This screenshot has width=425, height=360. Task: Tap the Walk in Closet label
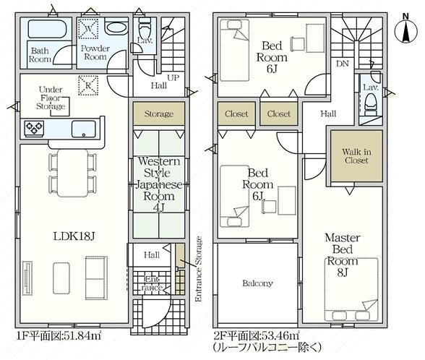(x=356, y=156)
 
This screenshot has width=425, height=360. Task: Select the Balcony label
(x=257, y=283)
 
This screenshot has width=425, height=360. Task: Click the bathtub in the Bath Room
(x=47, y=29)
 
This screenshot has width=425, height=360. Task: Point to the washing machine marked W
(x=88, y=28)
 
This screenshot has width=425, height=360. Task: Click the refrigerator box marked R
(x=88, y=85)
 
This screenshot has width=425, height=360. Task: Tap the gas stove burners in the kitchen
(x=34, y=128)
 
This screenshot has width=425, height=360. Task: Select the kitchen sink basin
(x=84, y=129)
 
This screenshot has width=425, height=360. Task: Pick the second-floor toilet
(x=370, y=103)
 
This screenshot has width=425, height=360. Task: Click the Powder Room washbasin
(x=116, y=27)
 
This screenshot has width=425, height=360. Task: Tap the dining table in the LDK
(x=72, y=173)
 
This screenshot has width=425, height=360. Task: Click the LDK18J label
(x=74, y=236)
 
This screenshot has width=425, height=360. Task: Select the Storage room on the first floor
(x=159, y=113)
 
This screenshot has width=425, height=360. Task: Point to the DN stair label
(x=343, y=64)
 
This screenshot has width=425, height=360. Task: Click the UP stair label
(x=173, y=78)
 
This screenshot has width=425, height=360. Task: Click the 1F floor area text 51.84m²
(x=59, y=336)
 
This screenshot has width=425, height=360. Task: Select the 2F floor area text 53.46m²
(x=257, y=336)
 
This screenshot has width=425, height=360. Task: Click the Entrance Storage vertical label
(x=199, y=269)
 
